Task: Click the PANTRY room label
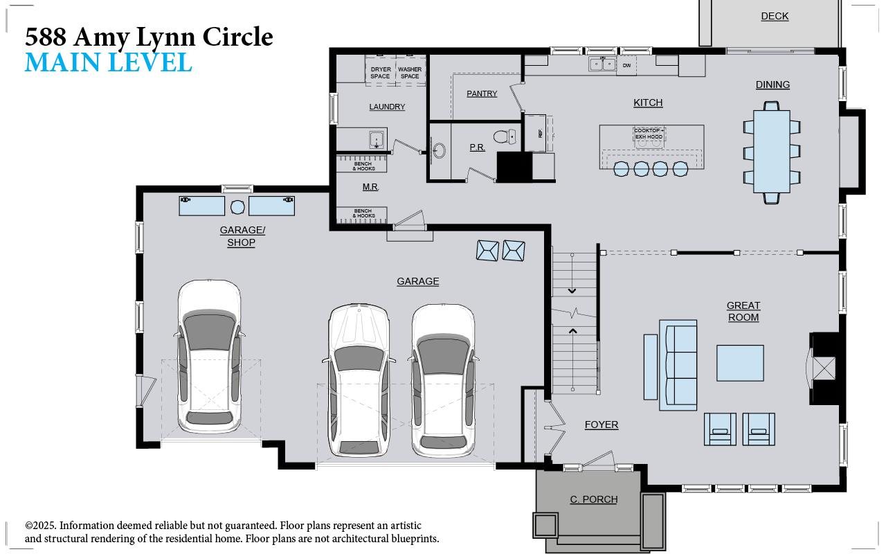pyautogui.click(x=482, y=93)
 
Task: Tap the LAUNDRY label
pyautogui.click(x=387, y=107)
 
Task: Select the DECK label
pyautogui.click(x=775, y=16)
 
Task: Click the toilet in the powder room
pyautogui.click(x=505, y=136)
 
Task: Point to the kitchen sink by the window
pyautogui.click(x=602, y=64)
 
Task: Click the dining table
pyautogui.click(x=772, y=152)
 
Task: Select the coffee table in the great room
pyautogui.click(x=740, y=363)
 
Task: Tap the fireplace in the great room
pyautogui.click(x=823, y=368)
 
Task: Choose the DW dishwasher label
pyautogui.click(x=626, y=66)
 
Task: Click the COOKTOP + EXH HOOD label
pyautogui.click(x=649, y=134)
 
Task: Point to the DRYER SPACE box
pyautogui.click(x=380, y=73)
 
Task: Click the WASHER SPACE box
pyautogui.click(x=410, y=73)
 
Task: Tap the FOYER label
pyautogui.click(x=601, y=425)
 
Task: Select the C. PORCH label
pyautogui.click(x=594, y=499)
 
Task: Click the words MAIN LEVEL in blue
pyautogui.click(x=108, y=62)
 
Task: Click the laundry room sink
pyautogui.click(x=376, y=140)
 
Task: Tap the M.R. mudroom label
pyautogui.click(x=370, y=187)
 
